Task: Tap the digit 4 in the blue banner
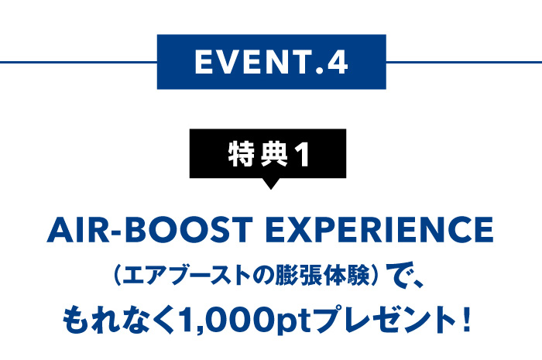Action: point(338,62)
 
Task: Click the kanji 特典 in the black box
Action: point(258,154)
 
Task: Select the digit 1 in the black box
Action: point(304,154)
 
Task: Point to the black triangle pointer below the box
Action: point(271,183)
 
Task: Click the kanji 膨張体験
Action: point(322,276)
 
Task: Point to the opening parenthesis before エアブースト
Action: point(116,276)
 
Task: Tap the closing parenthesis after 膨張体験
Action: point(374,276)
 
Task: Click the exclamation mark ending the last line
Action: point(466,320)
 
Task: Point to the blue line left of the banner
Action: point(78,62)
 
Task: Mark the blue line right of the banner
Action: point(464,62)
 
